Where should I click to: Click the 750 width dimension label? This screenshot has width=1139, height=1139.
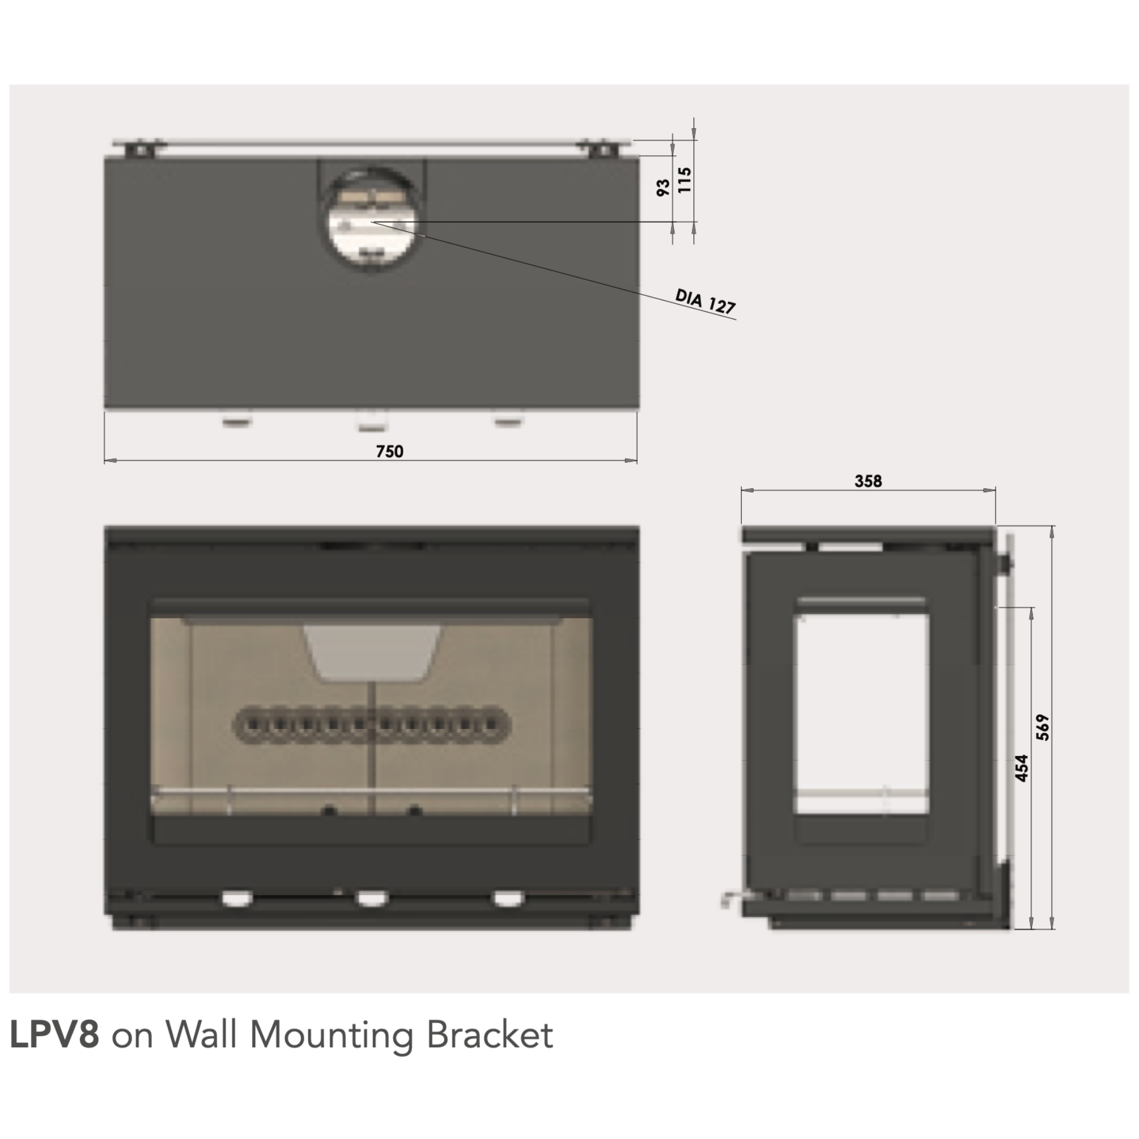coord(390,452)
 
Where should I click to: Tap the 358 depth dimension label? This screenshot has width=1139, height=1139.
coord(868,481)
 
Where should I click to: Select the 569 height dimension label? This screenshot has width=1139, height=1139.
coord(1042,727)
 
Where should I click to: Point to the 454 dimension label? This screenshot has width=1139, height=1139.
coord(1021,768)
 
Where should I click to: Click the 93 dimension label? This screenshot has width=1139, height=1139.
coord(663,187)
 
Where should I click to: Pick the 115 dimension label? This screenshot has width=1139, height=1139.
coord(684,180)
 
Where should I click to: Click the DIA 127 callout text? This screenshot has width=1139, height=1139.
coord(705,302)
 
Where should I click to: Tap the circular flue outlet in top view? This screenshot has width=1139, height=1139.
coord(370,220)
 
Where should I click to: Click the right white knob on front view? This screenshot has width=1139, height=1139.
coord(507,898)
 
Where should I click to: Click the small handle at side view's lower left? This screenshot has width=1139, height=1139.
coord(727,899)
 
